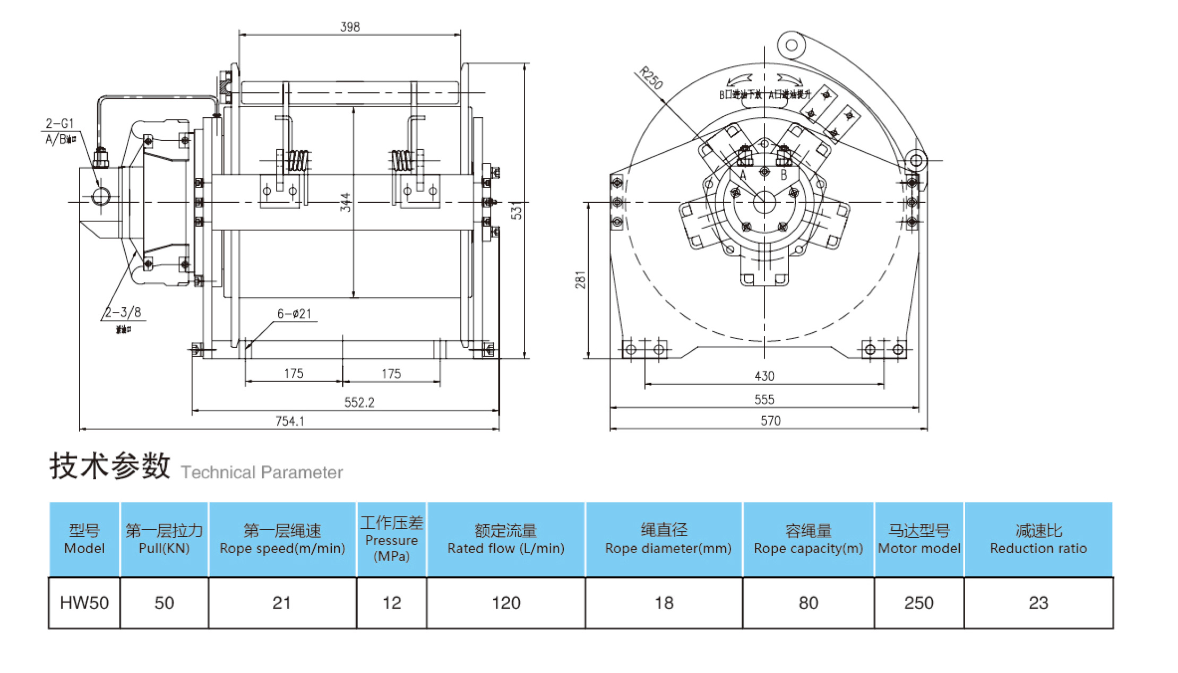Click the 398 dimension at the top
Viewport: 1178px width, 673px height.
click(x=350, y=27)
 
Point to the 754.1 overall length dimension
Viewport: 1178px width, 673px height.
click(x=290, y=421)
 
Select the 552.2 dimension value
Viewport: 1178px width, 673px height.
click(x=359, y=402)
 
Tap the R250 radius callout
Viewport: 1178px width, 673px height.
click(x=651, y=78)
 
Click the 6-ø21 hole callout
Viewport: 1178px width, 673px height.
click(x=294, y=314)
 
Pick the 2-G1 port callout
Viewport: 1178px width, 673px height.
click(x=59, y=124)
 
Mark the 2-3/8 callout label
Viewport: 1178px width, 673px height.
click(x=123, y=312)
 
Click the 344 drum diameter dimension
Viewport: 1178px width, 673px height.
click(x=345, y=202)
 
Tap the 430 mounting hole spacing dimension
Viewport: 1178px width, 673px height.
click(x=764, y=376)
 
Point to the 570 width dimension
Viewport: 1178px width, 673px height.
click(x=770, y=421)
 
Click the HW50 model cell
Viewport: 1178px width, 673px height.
click(x=84, y=603)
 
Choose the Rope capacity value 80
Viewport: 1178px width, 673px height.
click(x=808, y=603)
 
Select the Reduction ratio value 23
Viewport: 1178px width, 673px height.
click(x=1038, y=603)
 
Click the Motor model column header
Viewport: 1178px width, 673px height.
click(x=919, y=539)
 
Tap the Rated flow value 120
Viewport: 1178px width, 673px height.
click(x=506, y=603)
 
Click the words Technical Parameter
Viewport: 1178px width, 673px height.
click(x=262, y=472)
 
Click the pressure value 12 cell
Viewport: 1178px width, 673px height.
click(x=392, y=603)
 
